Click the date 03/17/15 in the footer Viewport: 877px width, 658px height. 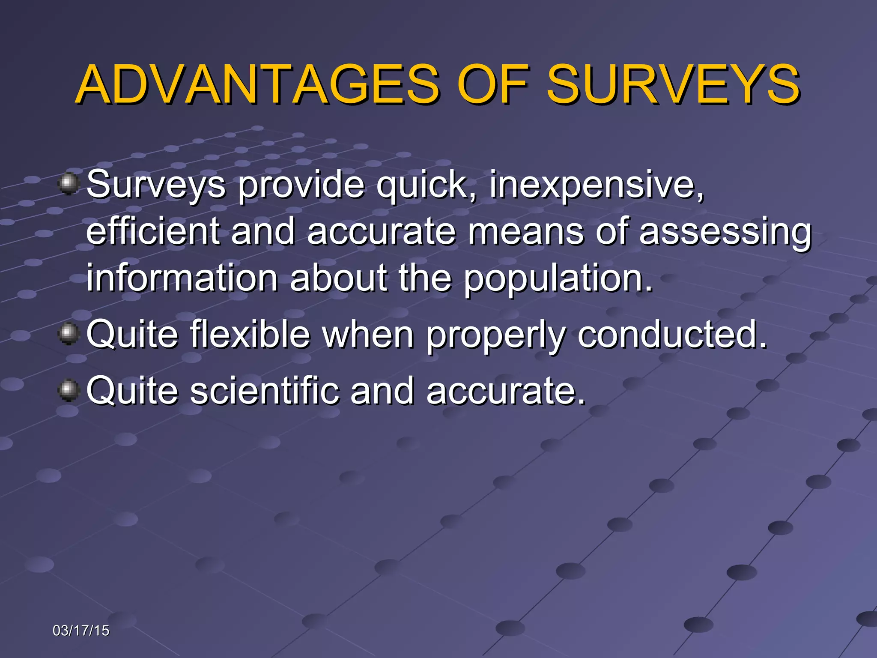point(81,631)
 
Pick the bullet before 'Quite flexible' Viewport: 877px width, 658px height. point(68,334)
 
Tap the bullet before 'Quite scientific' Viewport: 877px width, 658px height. point(68,390)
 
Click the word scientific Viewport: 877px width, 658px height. point(264,390)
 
